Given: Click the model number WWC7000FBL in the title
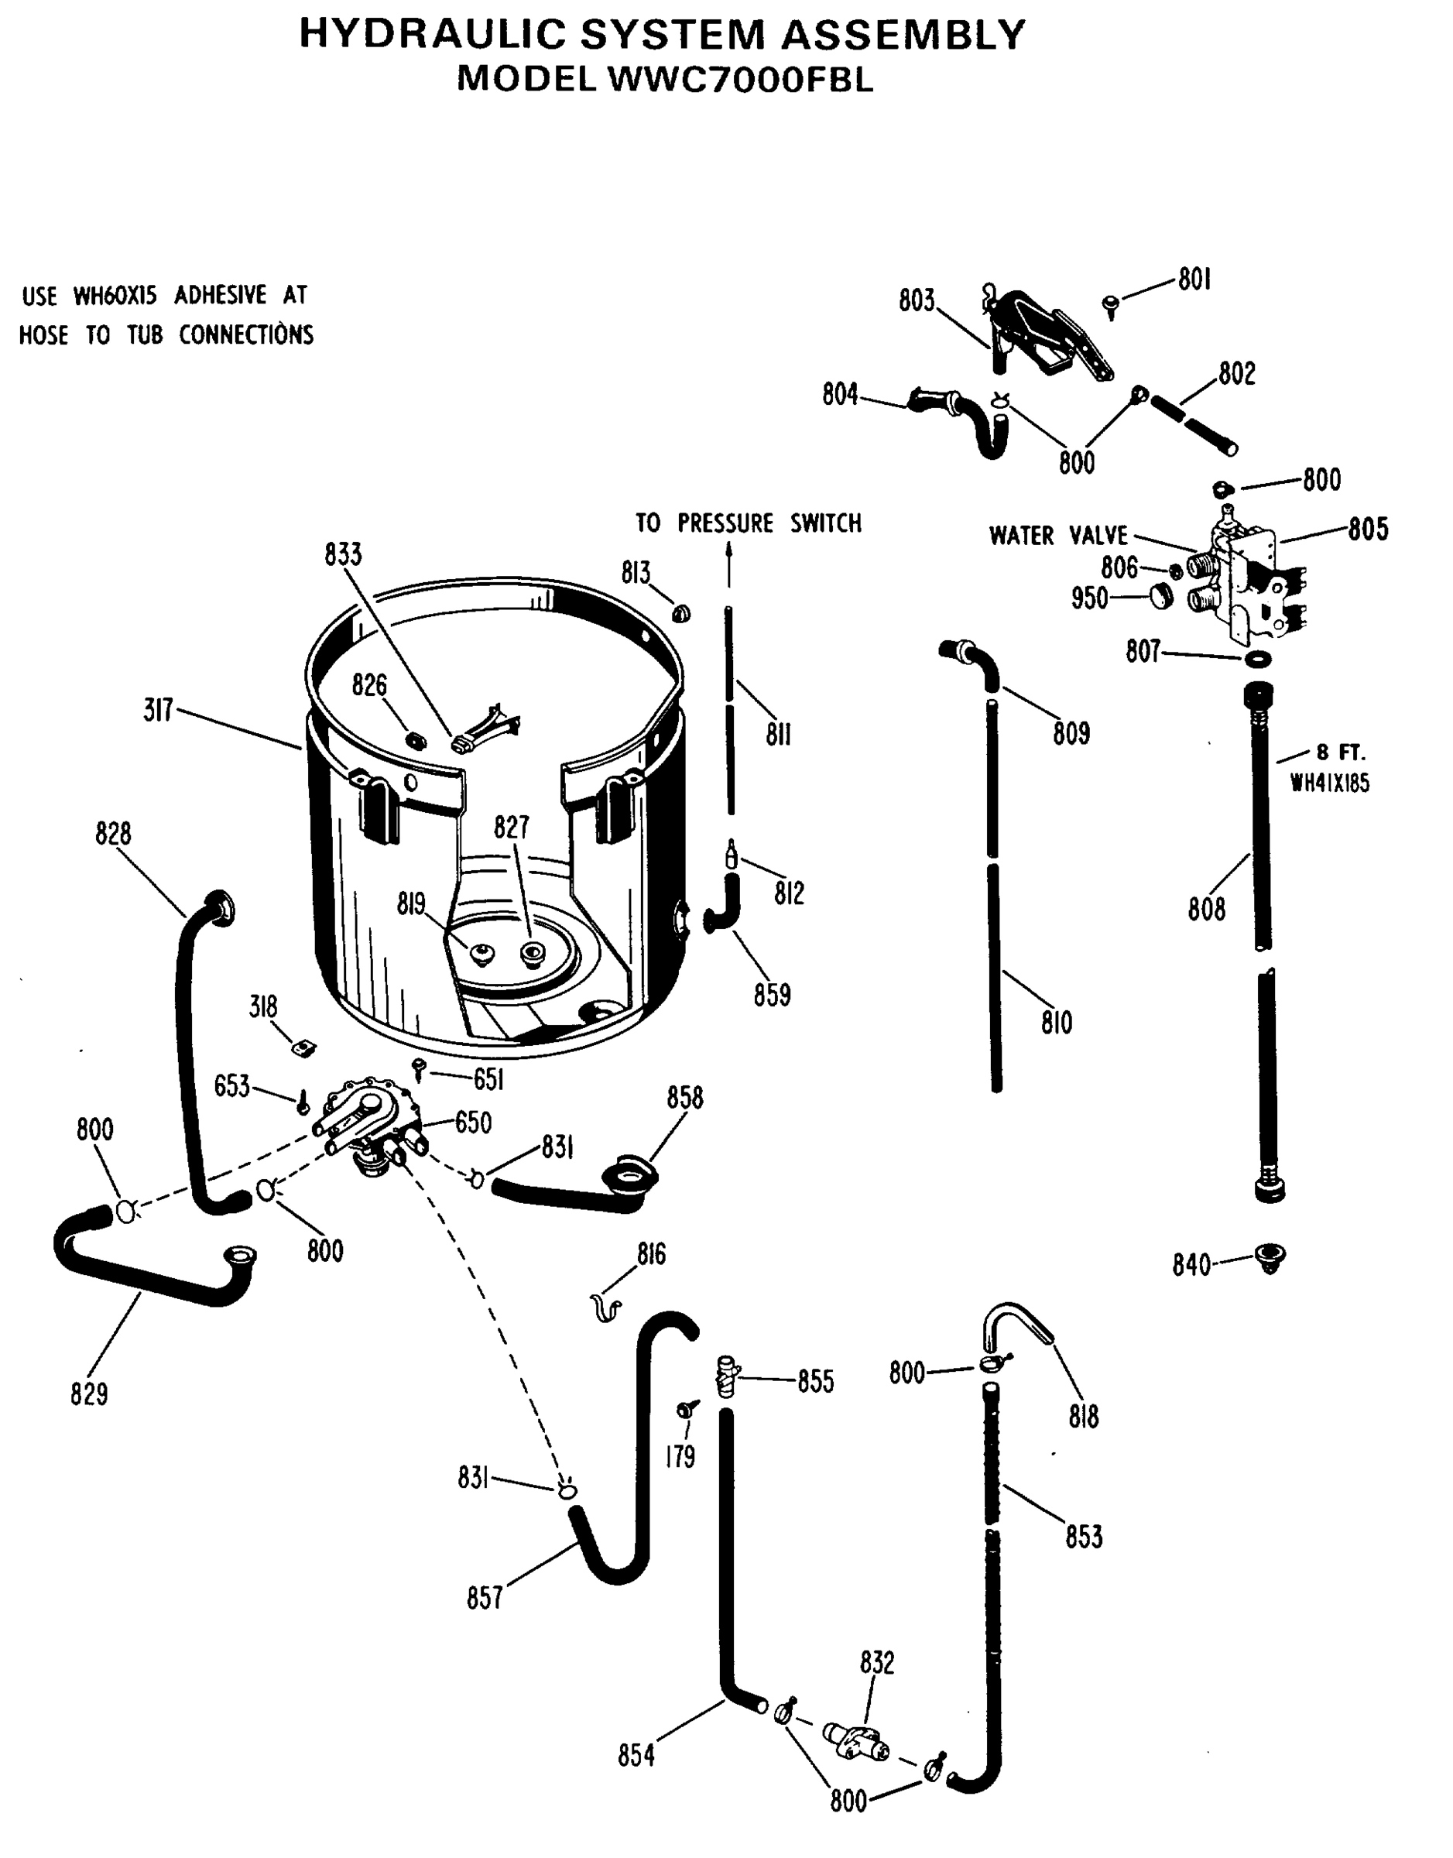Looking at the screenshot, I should pyautogui.click(x=740, y=79).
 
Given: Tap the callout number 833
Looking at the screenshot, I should pyautogui.click(x=343, y=554).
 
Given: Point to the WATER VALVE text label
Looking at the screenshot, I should pyautogui.click(x=1058, y=536).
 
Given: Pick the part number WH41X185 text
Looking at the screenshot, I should pyautogui.click(x=1330, y=783).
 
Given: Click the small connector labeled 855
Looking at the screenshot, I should pyautogui.click(x=726, y=1375).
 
